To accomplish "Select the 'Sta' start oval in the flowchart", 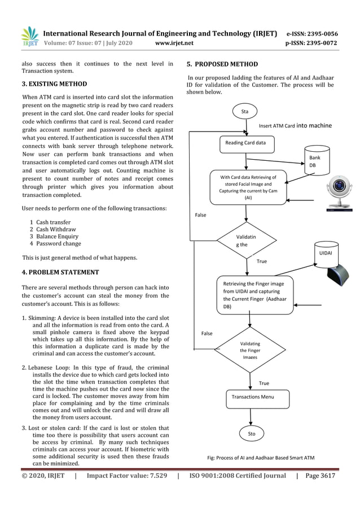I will (245, 112).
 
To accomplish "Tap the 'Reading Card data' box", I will (245, 143).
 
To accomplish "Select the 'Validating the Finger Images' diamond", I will (249, 349).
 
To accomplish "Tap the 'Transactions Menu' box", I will (252, 397).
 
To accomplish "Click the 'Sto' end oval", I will (252, 433).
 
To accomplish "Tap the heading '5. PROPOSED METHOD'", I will (222, 64).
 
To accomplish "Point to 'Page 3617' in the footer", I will (320, 476).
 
